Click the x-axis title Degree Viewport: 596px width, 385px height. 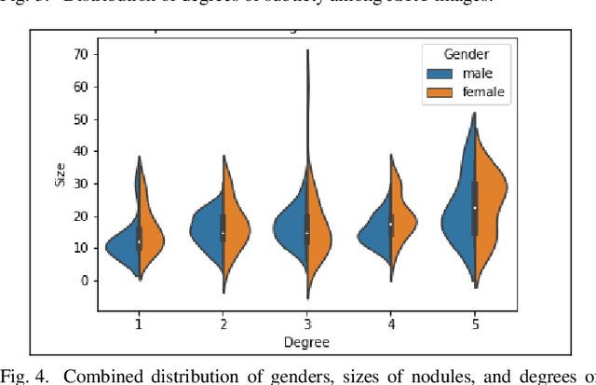click(306, 342)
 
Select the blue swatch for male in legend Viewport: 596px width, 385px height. click(442, 73)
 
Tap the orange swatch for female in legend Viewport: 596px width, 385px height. click(442, 91)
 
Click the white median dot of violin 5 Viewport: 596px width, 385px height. click(475, 208)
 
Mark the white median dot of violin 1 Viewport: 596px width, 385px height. click(139, 241)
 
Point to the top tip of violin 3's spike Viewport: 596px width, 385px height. click(307, 50)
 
